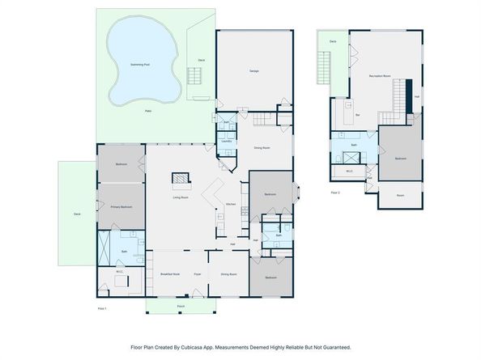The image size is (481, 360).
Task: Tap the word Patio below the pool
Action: tap(148, 110)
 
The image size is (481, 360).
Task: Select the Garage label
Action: tap(253, 71)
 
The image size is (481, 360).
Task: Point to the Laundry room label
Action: tap(227, 141)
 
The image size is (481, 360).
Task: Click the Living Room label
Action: tap(181, 197)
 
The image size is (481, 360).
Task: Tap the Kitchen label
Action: tap(230, 204)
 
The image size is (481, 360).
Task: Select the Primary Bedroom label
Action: tap(121, 207)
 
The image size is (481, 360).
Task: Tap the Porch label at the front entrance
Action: tap(181, 307)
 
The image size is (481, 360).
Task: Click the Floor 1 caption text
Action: tap(102, 308)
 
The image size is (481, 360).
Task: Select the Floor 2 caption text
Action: tap(335, 193)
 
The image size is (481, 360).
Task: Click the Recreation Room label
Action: tap(381, 76)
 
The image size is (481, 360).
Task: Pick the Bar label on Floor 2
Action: tap(358, 115)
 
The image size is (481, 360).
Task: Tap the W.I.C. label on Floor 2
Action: tap(349, 171)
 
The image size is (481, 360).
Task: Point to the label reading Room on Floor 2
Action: tap(400, 195)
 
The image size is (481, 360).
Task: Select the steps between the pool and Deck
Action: tap(195, 76)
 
